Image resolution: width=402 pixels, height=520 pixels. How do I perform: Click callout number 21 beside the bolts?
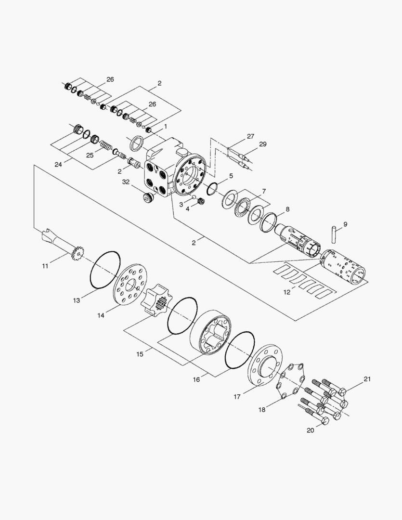click(367, 379)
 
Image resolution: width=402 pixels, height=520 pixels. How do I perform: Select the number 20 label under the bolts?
click(310, 430)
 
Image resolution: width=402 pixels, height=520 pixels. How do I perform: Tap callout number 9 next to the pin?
click(345, 224)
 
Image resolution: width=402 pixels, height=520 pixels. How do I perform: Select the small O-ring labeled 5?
click(212, 189)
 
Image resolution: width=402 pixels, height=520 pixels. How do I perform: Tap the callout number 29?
click(263, 144)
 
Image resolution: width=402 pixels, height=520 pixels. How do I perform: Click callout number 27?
click(250, 136)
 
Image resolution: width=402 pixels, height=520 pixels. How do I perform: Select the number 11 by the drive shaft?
click(45, 266)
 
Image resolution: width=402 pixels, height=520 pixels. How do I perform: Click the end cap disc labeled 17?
click(265, 365)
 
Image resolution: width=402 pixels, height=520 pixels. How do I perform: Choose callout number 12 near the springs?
click(287, 292)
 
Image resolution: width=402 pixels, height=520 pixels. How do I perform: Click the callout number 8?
click(287, 209)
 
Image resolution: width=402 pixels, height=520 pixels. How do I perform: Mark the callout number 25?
click(90, 155)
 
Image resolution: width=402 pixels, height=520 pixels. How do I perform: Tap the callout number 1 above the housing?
click(166, 126)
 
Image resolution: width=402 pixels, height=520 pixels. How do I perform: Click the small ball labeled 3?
click(194, 197)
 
